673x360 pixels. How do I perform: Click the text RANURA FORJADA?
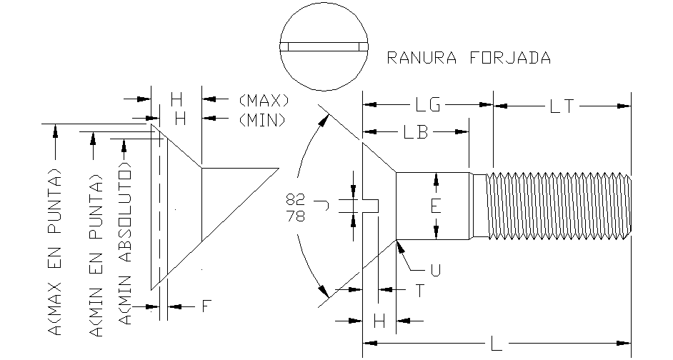[x=468, y=58]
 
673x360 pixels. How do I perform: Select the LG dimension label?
[x=428, y=106]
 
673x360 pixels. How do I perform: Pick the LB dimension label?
[x=416, y=132]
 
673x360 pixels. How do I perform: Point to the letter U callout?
[x=434, y=271]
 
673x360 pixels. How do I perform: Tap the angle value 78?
[x=295, y=215]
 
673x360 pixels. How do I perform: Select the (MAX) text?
[x=263, y=99]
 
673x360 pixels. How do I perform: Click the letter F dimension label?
[x=206, y=306]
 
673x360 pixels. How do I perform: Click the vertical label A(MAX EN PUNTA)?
[x=55, y=251]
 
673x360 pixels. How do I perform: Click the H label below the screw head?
[x=379, y=321]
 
